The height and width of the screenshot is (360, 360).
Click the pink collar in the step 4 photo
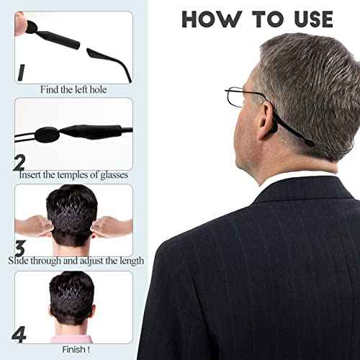pyautogui.click(x=72, y=338)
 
